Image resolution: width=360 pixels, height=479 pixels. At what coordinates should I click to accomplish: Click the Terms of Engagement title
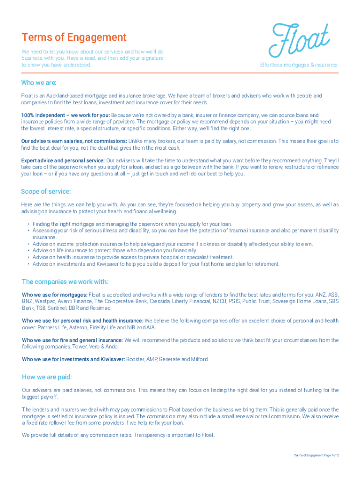click(x=74, y=37)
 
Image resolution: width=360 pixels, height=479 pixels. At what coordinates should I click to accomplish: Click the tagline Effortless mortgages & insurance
click(x=298, y=65)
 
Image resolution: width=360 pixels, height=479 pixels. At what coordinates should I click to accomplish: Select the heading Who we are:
click(x=38, y=83)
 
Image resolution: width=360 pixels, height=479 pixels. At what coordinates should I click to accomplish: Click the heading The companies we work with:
click(x=65, y=282)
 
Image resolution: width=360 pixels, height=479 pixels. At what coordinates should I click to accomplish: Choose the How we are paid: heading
click(x=47, y=377)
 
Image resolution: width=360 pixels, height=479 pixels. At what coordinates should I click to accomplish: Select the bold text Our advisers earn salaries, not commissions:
click(x=74, y=141)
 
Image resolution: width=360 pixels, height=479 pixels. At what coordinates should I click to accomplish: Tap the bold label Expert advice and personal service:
click(x=63, y=160)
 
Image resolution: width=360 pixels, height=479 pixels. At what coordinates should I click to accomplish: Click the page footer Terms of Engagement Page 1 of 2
click(x=316, y=455)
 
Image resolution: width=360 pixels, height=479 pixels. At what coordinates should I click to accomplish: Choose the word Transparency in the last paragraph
click(x=153, y=435)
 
